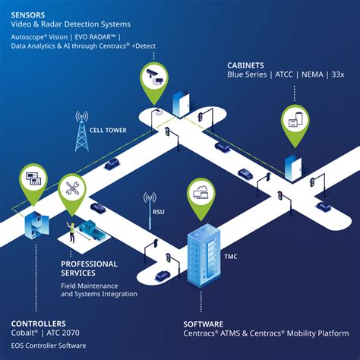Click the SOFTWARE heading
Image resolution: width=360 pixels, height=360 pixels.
click(x=203, y=323)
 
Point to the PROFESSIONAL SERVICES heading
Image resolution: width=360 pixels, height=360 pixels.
click(x=89, y=268)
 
